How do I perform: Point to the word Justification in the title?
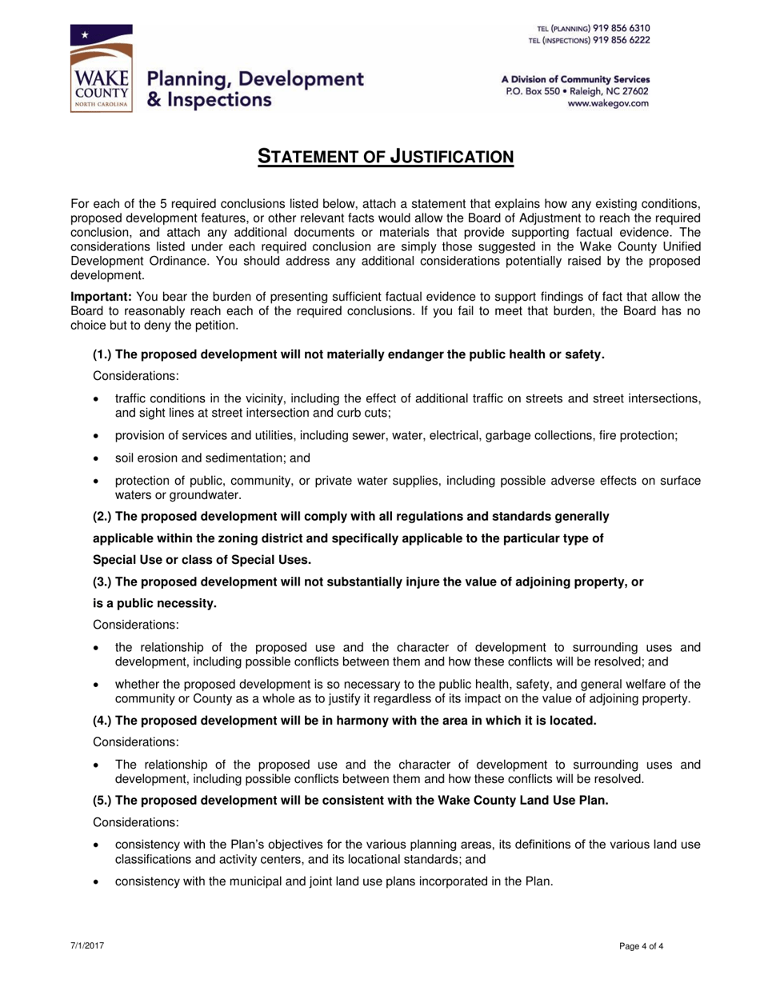click(x=450, y=156)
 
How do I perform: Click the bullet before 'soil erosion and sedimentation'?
click(x=98, y=458)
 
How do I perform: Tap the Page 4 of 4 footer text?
click(x=642, y=946)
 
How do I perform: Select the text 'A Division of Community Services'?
click(x=575, y=79)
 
